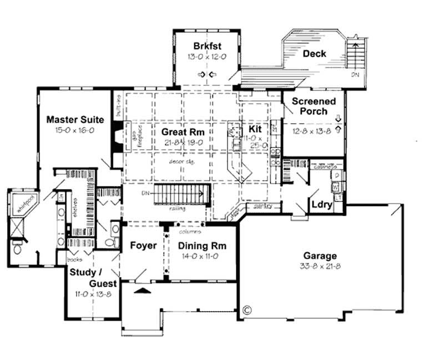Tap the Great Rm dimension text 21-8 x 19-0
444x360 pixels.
(x=183, y=142)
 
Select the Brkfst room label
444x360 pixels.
(x=204, y=45)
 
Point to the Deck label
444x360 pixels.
(x=314, y=54)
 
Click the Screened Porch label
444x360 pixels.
(x=314, y=107)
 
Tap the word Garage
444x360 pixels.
(x=319, y=256)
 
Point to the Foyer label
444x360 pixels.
(x=143, y=246)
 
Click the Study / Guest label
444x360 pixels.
(x=93, y=277)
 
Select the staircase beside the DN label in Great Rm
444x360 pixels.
(x=181, y=195)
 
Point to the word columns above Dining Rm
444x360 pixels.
(x=190, y=231)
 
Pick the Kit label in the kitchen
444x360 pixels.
(x=255, y=129)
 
